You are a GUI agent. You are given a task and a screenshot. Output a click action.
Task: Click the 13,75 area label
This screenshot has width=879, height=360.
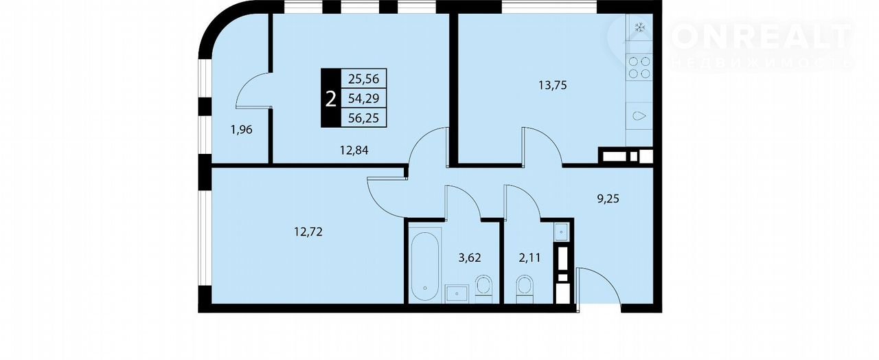[x=553, y=85]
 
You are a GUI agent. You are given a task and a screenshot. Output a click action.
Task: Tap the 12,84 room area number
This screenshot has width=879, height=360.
[x=354, y=150]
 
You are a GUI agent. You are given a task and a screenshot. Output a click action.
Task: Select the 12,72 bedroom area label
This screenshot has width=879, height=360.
[x=308, y=232]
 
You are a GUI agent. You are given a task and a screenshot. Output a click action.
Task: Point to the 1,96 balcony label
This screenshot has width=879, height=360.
[x=241, y=130]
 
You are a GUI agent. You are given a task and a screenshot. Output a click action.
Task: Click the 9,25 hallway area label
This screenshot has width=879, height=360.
[x=608, y=199]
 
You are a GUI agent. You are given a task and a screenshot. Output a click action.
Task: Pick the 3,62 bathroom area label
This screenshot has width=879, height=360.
[x=470, y=258]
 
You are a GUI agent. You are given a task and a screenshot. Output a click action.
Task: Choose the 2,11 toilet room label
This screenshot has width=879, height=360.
[x=529, y=258]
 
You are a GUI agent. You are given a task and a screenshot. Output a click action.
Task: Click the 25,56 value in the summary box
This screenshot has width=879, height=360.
[x=364, y=79]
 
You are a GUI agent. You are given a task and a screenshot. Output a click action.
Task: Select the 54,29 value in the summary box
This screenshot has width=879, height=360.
[x=364, y=98]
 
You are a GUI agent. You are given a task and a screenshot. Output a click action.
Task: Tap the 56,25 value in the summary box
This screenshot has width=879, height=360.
[x=364, y=117]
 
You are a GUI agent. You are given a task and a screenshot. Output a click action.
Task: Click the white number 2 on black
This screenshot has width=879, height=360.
[x=331, y=99]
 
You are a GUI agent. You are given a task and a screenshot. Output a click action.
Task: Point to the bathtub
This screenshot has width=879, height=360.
[x=425, y=267]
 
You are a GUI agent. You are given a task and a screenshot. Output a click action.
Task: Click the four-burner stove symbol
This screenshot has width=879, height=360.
[x=639, y=67]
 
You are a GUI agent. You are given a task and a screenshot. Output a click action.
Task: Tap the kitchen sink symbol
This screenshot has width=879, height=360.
[x=639, y=116]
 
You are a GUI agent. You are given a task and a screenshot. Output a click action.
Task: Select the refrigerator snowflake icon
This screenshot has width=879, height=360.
[x=640, y=27]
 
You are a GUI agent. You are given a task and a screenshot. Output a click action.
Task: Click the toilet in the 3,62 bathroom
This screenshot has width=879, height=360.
[x=483, y=289]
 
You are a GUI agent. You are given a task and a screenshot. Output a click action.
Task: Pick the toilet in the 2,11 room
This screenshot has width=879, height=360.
[x=525, y=289]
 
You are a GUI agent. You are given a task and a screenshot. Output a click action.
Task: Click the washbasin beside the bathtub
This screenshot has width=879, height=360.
[x=457, y=294]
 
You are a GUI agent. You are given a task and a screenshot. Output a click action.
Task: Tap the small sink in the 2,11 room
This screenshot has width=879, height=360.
[x=561, y=232]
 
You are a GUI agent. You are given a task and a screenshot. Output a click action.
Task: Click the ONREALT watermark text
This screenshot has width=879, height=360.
[x=762, y=37]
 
